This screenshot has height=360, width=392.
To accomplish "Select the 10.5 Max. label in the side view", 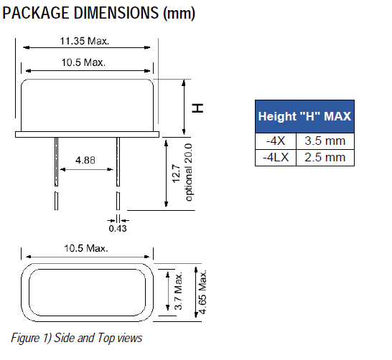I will (85, 62).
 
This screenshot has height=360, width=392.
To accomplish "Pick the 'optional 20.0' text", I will (189, 173).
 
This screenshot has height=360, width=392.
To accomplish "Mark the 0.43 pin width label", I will (115, 229).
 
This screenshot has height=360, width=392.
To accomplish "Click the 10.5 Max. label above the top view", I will (85, 248).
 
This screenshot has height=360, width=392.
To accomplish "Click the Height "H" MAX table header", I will (304, 116).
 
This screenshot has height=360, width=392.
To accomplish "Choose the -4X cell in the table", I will (276, 141).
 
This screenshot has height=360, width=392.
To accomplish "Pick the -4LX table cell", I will (276, 157).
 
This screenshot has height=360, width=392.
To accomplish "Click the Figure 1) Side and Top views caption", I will (77, 337).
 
